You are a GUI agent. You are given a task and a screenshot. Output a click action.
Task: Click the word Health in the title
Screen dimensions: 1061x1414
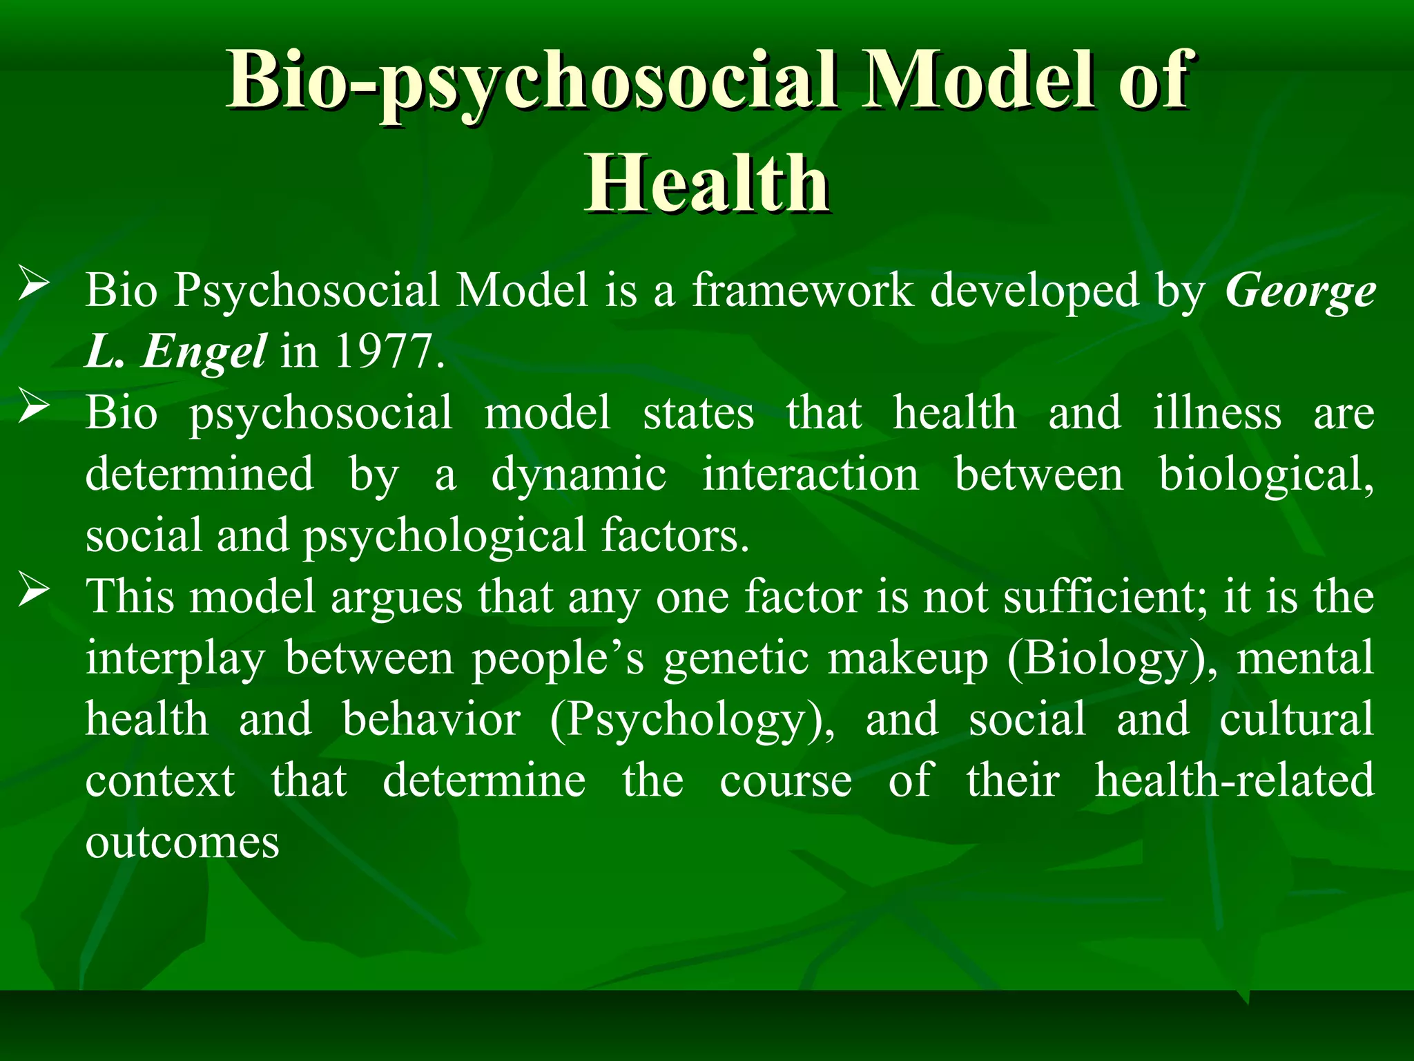coord(708,184)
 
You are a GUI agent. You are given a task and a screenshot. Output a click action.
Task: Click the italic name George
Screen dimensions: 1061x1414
coord(1300,290)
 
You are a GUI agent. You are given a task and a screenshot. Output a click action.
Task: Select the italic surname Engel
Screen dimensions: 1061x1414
coord(204,352)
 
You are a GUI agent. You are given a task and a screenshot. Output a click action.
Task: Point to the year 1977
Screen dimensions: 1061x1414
coord(389,352)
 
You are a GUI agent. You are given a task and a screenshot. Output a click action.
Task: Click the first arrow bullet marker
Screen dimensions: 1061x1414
coord(33,285)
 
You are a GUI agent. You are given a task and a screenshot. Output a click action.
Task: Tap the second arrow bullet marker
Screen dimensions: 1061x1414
coord(33,407)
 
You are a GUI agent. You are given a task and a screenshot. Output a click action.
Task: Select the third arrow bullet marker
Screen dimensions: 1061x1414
coord(33,591)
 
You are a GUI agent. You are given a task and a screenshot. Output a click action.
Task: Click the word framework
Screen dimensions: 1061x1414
coord(803,290)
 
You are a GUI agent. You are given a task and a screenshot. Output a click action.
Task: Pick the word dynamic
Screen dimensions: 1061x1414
coord(579,475)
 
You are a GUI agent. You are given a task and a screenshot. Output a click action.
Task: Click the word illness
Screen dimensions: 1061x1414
coord(1217,413)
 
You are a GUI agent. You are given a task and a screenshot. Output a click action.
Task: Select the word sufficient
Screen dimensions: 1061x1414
coord(1105,596)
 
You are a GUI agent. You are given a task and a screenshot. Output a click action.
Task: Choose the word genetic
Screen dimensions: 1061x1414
coord(736,658)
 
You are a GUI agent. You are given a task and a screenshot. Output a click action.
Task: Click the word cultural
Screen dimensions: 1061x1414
coord(1296,719)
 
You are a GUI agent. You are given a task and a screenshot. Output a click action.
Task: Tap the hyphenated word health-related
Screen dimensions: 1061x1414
coord(1234,781)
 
